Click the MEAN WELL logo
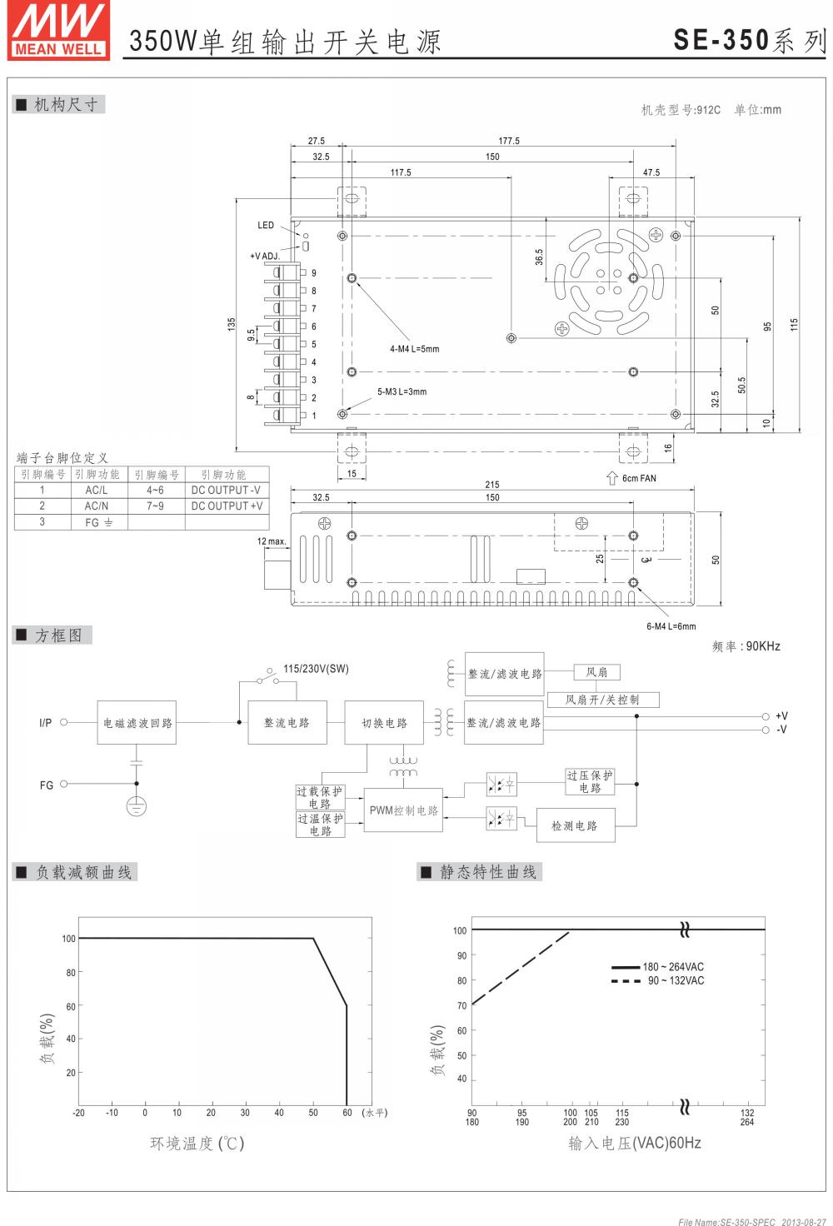point(59,31)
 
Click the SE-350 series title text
point(749,40)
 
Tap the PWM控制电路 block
point(404,810)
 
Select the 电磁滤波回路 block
point(137,723)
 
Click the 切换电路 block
point(385,723)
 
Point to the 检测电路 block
point(575,825)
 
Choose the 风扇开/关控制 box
point(603,700)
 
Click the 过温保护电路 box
point(321,825)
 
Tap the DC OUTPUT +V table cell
point(227,506)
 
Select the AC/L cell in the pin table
point(97,490)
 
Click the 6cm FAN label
point(639,478)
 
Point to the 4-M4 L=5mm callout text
point(414,349)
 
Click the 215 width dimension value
point(492,484)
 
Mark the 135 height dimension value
point(232,323)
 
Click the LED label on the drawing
point(266,225)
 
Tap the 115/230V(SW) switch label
point(316,668)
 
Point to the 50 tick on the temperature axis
point(313,1113)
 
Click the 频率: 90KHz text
point(746,646)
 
